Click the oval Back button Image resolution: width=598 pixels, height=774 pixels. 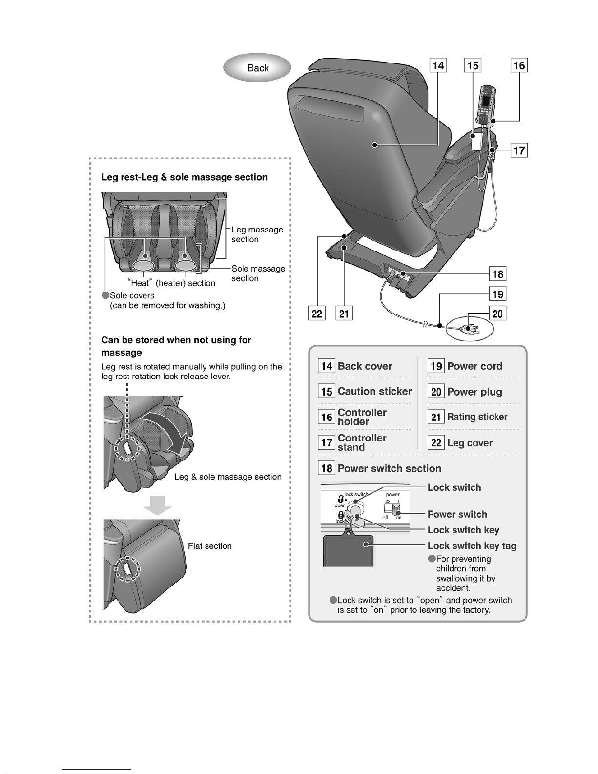point(257,68)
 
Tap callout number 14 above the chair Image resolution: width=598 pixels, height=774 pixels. point(438,65)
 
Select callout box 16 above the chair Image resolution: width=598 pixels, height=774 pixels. point(519,65)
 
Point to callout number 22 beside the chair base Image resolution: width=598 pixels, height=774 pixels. point(317,313)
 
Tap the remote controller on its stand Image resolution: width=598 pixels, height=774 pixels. point(487,105)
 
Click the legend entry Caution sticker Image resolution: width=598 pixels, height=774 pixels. point(374,391)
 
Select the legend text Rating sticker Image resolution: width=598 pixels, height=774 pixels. point(477,417)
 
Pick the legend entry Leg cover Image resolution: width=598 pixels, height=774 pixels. point(470,443)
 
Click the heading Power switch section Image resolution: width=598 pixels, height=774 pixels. point(389,468)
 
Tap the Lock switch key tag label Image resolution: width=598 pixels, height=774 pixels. point(472,546)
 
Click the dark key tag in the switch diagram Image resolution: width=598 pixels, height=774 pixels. point(349,551)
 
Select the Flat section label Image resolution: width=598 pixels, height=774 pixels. point(210,546)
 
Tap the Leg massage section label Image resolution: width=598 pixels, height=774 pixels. point(257,234)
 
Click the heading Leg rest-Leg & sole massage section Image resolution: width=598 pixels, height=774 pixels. point(184,177)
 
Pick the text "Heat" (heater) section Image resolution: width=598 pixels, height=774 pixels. point(171,283)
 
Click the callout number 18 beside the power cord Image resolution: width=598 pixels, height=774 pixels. point(497,274)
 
